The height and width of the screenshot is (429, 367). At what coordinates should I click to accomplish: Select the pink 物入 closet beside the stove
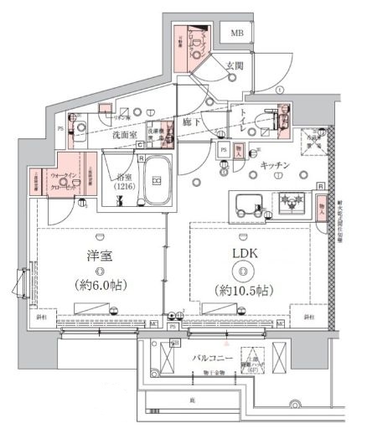[x=322, y=205]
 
